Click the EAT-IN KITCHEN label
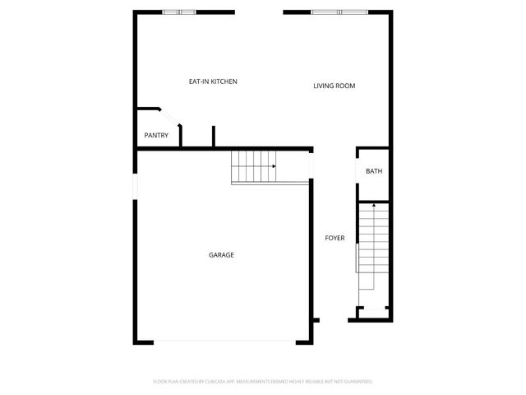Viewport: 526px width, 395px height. click(x=213, y=81)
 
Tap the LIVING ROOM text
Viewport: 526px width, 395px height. click(x=334, y=86)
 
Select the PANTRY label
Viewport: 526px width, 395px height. click(x=156, y=136)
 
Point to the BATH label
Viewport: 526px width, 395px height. click(x=374, y=171)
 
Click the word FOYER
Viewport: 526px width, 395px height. click(x=335, y=238)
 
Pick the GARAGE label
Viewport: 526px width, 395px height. click(x=221, y=255)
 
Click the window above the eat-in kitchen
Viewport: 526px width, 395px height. click(x=179, y=12)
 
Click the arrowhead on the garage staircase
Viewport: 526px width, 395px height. click(x=273, y=166)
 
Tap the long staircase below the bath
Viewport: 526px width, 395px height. click(x=374, y=247)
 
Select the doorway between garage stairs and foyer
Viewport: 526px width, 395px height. click(x=311, y=166)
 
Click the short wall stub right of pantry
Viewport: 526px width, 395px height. click(x=214, y=137)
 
